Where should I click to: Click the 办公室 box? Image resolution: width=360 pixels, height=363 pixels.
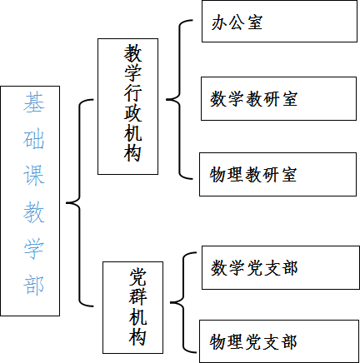[279, 22]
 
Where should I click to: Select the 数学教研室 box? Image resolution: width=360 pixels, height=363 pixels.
[278, 99]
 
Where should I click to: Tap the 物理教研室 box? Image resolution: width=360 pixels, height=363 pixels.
[277, 174]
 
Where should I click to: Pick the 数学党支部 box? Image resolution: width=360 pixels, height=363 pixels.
[281, 267]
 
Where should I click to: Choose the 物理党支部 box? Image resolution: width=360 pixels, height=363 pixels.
[279, 341]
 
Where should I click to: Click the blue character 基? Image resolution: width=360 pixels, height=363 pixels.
[33, 102]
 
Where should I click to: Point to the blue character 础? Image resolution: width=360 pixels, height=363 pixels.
[33, 139]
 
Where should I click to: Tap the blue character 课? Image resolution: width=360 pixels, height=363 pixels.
[33, 176]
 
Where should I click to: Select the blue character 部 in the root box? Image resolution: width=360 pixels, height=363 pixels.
[33, 285]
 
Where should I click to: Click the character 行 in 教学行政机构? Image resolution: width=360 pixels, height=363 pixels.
[132, 92]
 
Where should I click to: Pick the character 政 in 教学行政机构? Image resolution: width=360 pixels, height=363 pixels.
[132, 112]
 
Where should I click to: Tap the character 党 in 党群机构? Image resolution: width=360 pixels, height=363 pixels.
[137, 276]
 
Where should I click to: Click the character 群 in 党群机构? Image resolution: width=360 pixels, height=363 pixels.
[137, 296]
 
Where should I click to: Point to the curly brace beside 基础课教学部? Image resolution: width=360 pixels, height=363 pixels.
[80, 203]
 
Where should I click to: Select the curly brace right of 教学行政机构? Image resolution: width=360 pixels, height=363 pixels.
[179, 99]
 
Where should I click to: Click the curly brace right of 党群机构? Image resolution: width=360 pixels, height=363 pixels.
[183, 302]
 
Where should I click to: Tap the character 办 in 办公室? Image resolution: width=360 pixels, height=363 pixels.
[219, 22]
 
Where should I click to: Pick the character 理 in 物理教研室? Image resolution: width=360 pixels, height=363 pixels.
[236, 175]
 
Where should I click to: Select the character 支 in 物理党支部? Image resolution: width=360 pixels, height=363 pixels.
[272, 341]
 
